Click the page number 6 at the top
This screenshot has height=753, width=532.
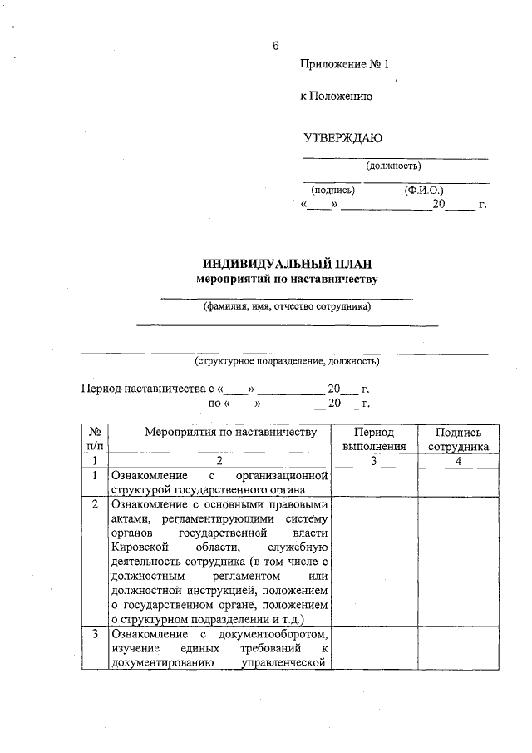point(274,45)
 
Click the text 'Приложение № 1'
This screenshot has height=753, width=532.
point(344,64)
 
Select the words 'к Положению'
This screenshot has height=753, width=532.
point(336,97)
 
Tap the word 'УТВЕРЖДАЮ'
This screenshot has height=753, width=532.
point(342,137)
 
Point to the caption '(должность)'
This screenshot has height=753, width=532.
point(393,166)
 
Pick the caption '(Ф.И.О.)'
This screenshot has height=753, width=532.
point(425,191)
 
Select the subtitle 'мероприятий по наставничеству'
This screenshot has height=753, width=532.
point(286,279)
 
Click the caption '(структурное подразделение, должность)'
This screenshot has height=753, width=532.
point(287,361)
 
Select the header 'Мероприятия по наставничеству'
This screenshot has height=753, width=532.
point(219,433)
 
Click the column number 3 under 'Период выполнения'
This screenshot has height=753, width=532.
point(373,460)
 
